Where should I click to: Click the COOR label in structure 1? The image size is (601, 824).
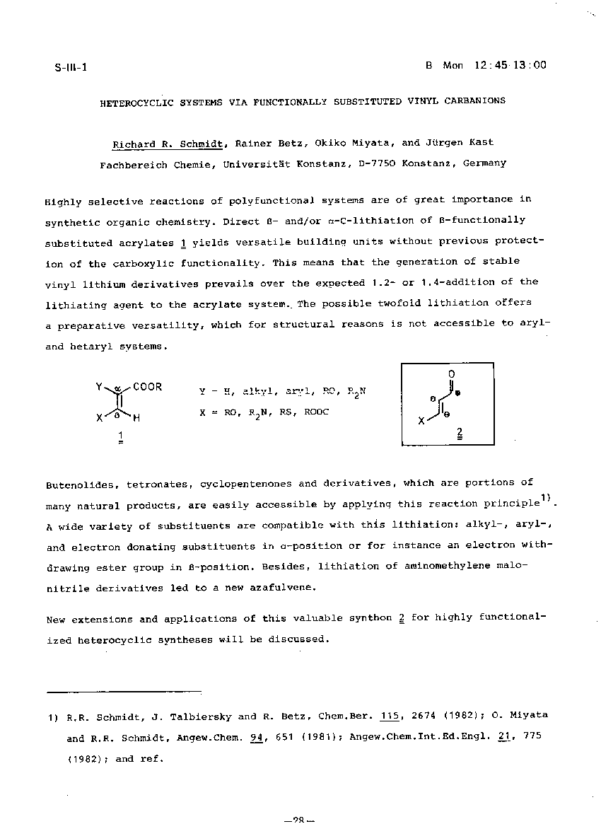tap(147, 387)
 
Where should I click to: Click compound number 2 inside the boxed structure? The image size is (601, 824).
tap(460, 431)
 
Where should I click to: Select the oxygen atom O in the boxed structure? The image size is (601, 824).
tap(451, 373)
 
